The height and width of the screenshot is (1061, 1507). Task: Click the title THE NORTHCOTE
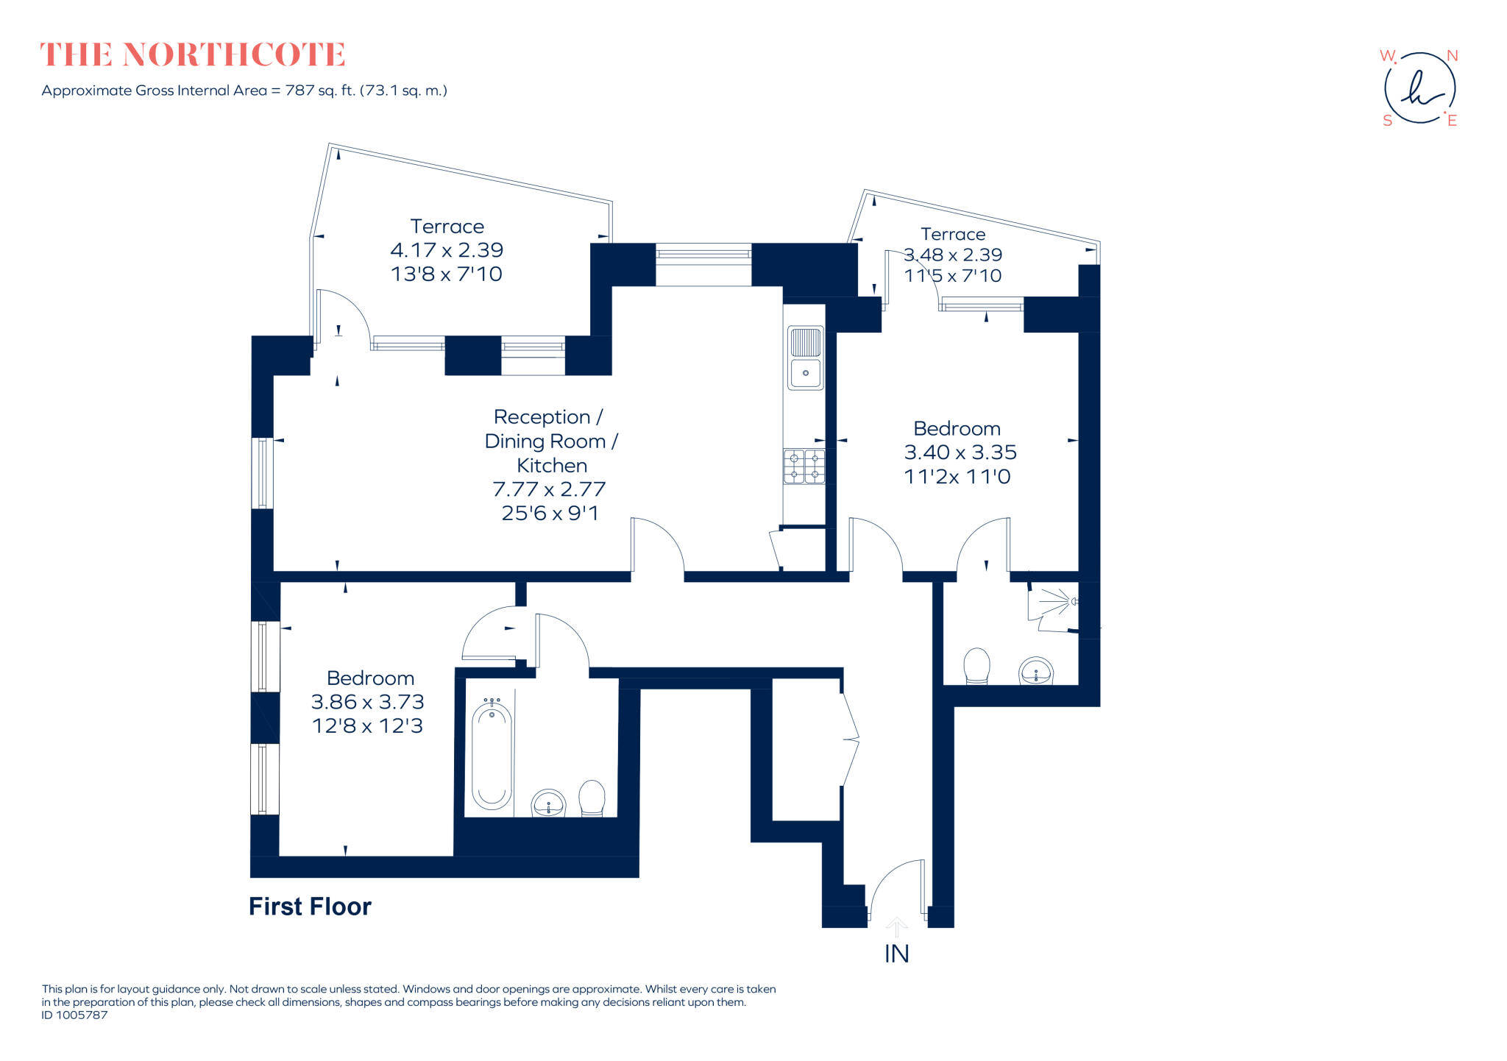(192, 55)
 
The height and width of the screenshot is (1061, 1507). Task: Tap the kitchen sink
(805, 358)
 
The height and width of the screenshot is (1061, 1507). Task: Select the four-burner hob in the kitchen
(804, 466)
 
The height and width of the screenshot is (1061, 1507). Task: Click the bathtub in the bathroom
(492, 756)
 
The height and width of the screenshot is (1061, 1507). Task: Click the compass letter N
(1452, 56)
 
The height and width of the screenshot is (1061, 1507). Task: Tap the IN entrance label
(896, 954)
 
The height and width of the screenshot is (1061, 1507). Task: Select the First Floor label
(310, 906)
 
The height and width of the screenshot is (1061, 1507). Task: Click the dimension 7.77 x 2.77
(549, 489)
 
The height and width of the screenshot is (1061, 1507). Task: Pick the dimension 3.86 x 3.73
(367, 702)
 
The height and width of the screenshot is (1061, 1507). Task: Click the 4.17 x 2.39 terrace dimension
(447, 250)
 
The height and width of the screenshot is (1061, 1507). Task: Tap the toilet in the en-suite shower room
(976, 666)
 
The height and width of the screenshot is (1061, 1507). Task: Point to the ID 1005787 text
(74, 1015)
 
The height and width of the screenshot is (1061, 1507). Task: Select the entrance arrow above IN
(896, 926)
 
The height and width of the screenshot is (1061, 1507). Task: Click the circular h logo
(1419, 88)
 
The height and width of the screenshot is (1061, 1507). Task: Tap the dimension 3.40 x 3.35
(960, 453)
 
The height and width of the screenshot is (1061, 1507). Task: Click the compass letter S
(1387, 121)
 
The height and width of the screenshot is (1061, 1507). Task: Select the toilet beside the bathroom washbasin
(592, 798)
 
